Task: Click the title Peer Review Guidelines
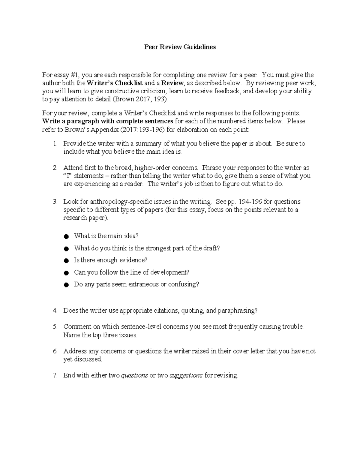coord(180,47)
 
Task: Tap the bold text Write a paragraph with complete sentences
coord(108,121)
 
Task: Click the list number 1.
coord(55,144)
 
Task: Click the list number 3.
coord(55,202)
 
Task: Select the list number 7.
coord(55,375)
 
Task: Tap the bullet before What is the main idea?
coord(66,236)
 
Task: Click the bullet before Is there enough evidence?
coord(66,260)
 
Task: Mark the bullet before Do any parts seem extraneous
coord(66,285)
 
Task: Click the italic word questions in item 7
coord(134,375)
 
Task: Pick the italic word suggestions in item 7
coord(186,375)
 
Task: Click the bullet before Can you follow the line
coord(66,273)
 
